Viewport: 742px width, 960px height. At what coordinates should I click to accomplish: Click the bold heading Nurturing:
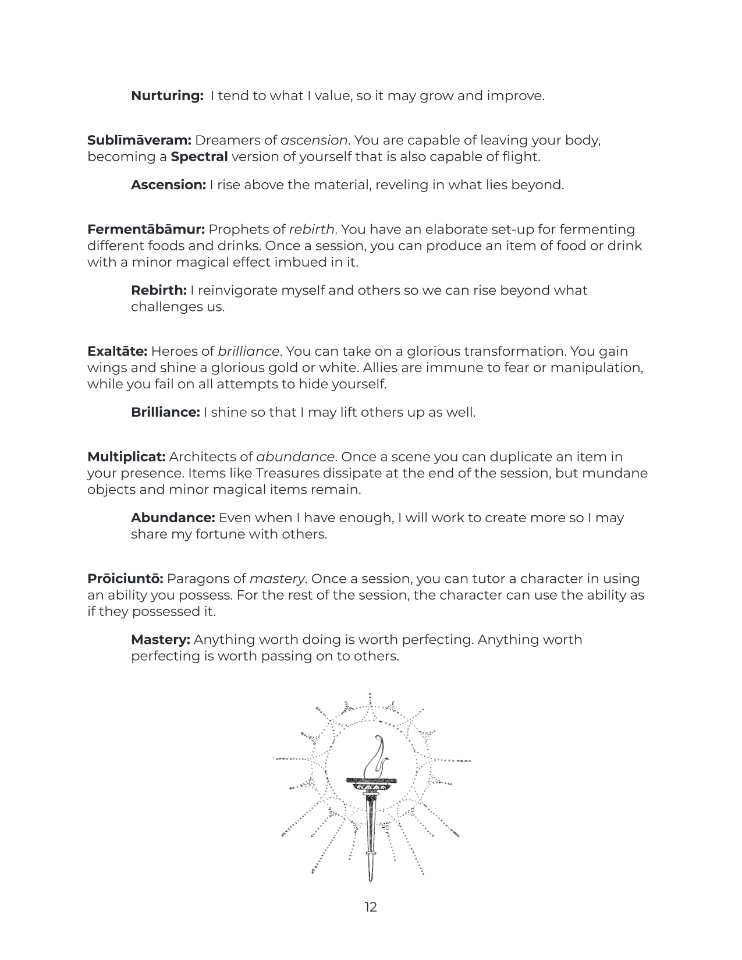click(x=167, y=96)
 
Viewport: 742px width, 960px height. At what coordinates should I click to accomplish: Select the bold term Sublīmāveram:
click(x=140, y=140)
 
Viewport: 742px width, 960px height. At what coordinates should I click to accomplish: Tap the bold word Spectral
click(x=199, y=157)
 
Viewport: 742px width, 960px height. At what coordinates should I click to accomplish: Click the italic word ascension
click(x=314, y=140)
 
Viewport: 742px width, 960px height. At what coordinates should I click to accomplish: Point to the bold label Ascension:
click(x=168, y=185)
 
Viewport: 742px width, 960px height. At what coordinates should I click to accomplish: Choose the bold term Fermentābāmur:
click(x=146, y=229)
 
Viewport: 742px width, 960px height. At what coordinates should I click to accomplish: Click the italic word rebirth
click(x=311, y=229)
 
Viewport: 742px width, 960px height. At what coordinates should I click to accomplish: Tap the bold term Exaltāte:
click(x=118, y=352)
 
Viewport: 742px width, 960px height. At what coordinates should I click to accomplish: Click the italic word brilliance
click(x=248, y=352)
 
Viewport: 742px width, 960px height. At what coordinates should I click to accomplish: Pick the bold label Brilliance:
click(x=165, y=413)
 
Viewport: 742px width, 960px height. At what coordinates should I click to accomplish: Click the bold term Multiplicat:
click(x=127, y=457)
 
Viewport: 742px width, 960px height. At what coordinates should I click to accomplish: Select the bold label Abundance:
click(x=173, y=518)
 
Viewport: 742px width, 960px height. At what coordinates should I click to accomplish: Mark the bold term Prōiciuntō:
click(x=126, y=579)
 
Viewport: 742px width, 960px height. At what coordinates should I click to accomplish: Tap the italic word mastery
click(x=277, y=579)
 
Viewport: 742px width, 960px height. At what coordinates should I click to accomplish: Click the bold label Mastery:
click(x=161, y=640)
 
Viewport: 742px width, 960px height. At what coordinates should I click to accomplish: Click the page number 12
click(x=371, y=907)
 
